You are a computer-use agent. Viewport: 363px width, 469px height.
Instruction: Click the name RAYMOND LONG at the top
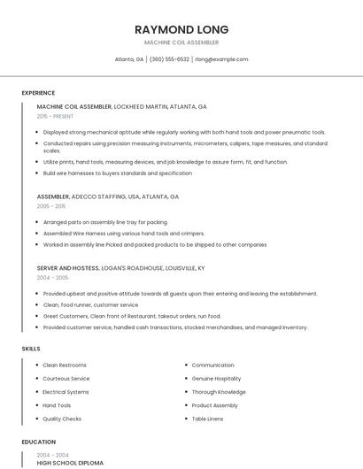tap(181, 28)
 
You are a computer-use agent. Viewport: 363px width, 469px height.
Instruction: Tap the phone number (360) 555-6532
tap(169, 59)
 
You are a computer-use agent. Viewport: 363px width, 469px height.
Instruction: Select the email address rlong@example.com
tap(221, 59)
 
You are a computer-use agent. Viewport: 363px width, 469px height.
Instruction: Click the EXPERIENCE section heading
tap(38, 93)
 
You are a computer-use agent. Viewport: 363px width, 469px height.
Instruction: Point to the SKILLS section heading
tap(31, 349)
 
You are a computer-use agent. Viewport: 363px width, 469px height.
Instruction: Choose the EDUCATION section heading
tap(38, 442)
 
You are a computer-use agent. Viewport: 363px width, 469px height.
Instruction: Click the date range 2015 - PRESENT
tap(55, 116)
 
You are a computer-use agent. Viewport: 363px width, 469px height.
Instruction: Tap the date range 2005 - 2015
tap(51, 205)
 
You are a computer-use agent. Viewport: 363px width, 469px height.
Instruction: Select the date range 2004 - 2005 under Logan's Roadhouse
tap(51, 277)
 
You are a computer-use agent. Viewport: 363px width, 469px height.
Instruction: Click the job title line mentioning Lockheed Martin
tap(121, 106)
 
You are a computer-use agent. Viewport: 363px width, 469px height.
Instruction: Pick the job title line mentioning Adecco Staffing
tap(107, 196)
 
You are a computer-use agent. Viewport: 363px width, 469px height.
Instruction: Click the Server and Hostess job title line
tap(120, 267)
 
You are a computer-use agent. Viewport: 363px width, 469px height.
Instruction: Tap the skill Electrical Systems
tap(66, 392)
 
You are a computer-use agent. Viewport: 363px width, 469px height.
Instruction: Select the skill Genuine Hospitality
tap(216, 379)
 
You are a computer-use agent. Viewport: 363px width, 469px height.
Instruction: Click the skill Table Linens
tap(209, 419)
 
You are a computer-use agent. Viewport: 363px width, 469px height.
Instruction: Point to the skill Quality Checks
tap(62, 419)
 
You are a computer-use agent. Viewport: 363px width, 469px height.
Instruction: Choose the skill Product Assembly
tap(214, 405)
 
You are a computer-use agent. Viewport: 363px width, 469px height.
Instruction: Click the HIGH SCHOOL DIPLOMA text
tap(70, 463)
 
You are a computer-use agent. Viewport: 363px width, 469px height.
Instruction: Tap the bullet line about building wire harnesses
tap(117, 173)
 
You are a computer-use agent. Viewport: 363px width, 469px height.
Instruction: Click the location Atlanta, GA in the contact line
tap(129, 59)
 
